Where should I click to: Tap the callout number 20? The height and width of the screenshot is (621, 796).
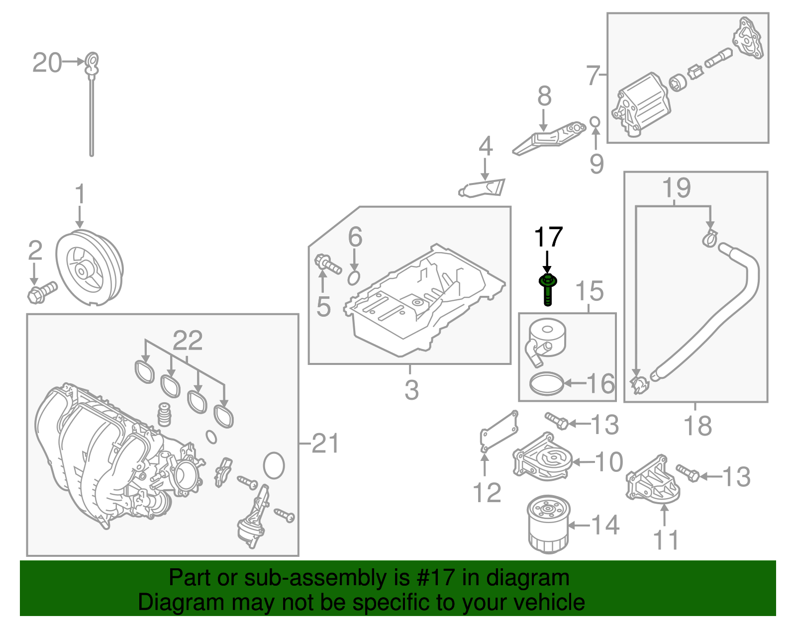[47, 63]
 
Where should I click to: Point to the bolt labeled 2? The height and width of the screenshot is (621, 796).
[42, 292]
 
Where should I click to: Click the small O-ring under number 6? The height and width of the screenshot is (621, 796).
[354, 278]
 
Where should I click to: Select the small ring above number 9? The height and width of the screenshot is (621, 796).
[595, 122]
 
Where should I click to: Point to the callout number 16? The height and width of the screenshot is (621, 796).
[600, 384]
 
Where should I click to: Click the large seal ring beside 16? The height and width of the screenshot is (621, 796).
[547, 383]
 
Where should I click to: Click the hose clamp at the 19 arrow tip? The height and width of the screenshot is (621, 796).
[709, 239]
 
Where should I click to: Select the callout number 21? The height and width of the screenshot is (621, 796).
[325, 443]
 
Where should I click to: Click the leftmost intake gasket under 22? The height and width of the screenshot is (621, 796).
[144, 372]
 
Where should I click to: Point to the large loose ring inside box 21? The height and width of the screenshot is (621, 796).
[274, 465]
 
